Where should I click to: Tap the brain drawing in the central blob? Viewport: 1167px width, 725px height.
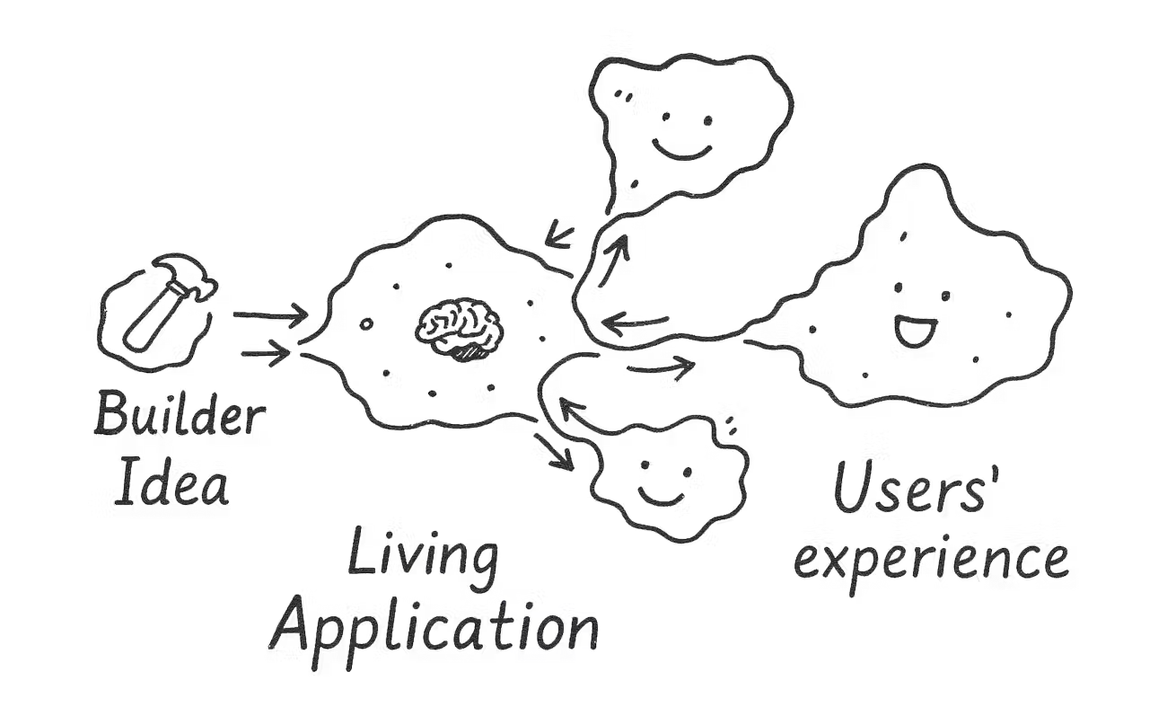461,325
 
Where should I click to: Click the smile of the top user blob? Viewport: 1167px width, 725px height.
682,148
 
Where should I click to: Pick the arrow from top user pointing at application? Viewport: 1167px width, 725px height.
562,236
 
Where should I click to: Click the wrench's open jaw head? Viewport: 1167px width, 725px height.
199,285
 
